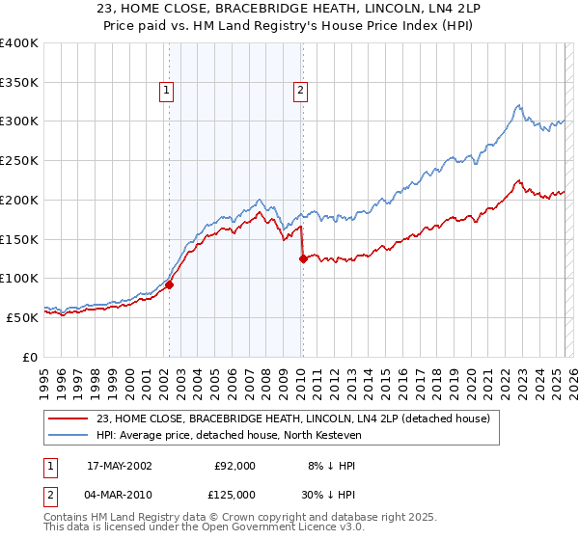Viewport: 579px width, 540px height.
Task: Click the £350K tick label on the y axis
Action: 18,82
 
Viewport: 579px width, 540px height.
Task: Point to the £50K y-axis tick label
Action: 22,316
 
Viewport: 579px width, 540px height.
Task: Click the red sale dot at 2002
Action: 169,284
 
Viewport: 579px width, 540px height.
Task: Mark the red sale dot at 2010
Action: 303,258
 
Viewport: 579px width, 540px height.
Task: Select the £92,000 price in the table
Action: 234,465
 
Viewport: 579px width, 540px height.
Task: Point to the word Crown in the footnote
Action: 240,518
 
